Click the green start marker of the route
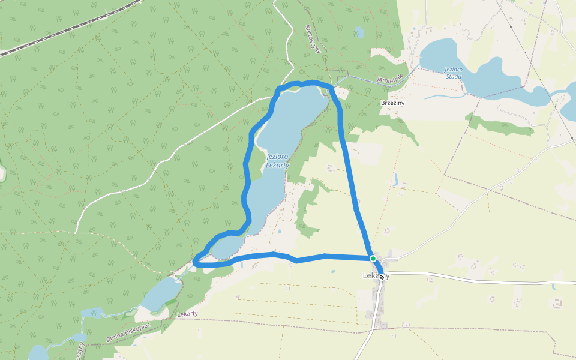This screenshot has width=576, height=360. point(373,259)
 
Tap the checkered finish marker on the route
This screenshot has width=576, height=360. point(382,277)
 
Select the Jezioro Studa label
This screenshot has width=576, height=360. point(454,73)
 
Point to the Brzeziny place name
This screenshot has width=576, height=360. point(393,103)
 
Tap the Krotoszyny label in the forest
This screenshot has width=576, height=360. point(314,39)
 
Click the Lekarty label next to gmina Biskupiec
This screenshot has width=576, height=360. point(187,314)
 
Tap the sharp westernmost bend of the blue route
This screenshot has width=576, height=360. point(195,260)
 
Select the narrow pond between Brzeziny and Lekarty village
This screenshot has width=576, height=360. point(395,179)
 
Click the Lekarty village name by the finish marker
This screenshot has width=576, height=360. point(368,276)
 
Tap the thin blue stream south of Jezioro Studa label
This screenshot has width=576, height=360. point(444,96)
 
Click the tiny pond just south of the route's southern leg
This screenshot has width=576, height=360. point(332,271)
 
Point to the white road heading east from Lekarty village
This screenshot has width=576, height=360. point(480,279)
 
